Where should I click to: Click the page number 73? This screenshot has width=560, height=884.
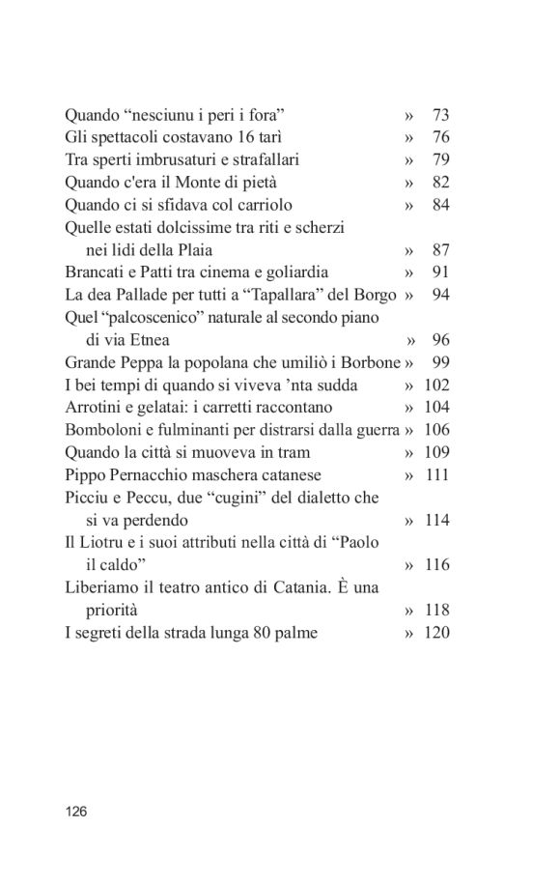click(441, 115)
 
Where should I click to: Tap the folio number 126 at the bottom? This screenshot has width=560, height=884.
click(76, 812)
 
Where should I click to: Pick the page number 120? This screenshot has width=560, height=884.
click(436, 633)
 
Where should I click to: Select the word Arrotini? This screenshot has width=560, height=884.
click(93, 408)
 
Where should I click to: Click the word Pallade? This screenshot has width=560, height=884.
click(150, 295)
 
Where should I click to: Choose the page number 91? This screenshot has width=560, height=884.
click(441, 272)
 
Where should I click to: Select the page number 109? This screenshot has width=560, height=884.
click(436, 452)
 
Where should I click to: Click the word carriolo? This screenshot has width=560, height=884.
click(260, 205)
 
